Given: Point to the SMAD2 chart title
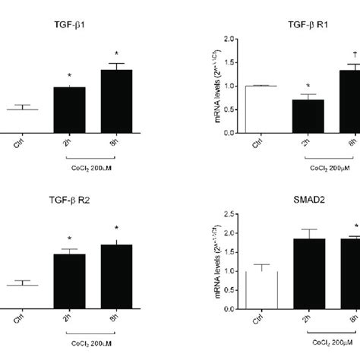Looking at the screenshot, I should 308,201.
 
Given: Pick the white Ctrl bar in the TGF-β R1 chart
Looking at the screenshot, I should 261,109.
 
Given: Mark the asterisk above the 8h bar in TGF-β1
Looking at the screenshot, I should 116,54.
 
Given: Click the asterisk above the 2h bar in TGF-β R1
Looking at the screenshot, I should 308,87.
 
